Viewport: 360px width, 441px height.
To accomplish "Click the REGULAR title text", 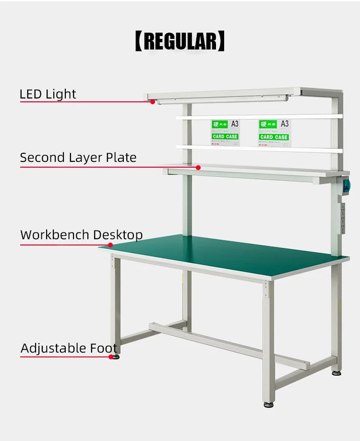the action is (180, 41).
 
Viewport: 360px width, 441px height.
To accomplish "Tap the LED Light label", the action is (48, 94).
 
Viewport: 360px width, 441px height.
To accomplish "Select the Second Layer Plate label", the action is (78, 158).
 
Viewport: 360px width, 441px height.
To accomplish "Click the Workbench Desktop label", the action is (82, 235).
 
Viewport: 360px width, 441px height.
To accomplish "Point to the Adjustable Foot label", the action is (69, 348).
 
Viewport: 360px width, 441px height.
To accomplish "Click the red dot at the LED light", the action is (153, 102).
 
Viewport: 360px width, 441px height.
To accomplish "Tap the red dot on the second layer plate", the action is (198, 167).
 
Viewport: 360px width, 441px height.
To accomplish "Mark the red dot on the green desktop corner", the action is (110, 245).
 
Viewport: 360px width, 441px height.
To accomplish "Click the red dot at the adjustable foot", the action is (111, 357).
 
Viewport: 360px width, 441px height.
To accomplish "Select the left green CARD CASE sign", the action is (225, 137).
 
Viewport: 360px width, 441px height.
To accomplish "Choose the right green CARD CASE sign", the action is (274, 137).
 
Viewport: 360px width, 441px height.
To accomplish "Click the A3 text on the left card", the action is (235, 124).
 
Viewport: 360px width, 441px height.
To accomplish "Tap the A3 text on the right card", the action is (284, 124).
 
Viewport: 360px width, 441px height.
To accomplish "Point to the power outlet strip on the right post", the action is (343, 218).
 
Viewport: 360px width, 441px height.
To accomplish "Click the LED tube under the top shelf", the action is (221, 99).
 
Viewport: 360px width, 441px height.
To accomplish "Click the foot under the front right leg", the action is (269, 404).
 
